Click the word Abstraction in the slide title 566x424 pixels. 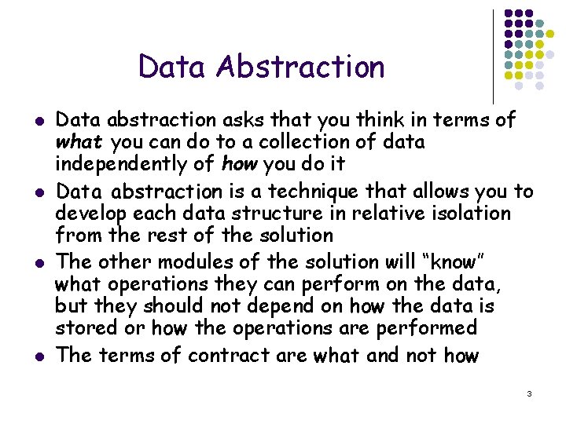pyautogui.click(x=302, y=67)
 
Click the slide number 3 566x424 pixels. pyautogui.click(x=530, y=393)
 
